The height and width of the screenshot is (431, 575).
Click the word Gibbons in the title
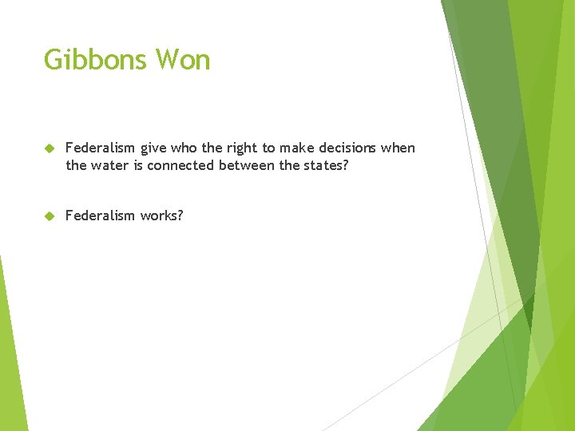(x=96, y=60)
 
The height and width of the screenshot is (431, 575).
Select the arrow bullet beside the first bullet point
(x=49, y=148)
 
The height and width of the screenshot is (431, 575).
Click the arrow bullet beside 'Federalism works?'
(x=49, y=216)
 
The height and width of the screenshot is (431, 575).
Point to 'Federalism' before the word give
(x=101, y=148)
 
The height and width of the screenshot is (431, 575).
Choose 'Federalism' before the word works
(x=101, y=215)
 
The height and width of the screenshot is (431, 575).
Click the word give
(x=154, y=148)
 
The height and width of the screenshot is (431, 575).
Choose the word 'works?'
(x=162, y=215)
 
